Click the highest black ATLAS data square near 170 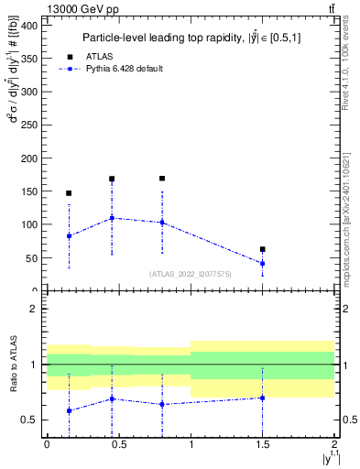pyautogui.click(x=162, y=179)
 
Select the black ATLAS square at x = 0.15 pyautogui.click(x=69, y=193)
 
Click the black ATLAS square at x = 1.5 pyautogui.click(x=263, y=249)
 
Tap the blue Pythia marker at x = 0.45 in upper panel pyautogui.click(x=112, y=218)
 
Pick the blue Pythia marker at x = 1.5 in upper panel pyautogui.click(x=263, y=264)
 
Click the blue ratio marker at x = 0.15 pyautogui.click(x=69, y=411)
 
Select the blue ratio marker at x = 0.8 pyautogui.click(x=162, y=404)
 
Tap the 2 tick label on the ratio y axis pyautogui.click(x=33, y=309)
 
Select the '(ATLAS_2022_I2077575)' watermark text pyautogui.click(x=191, y=274)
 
